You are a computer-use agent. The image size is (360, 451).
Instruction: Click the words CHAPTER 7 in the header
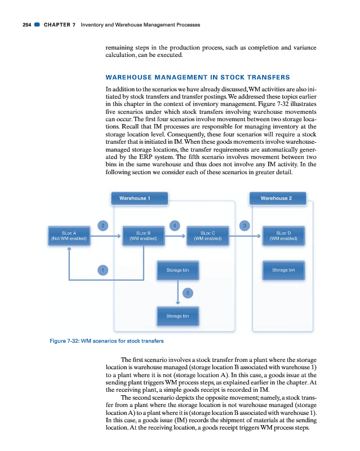coord(59,25)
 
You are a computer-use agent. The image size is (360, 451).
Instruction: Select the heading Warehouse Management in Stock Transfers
coord(198,77)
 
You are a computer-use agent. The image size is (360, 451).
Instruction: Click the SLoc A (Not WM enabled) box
coord(69,235)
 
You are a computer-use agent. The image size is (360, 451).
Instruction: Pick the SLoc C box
coord(207,235)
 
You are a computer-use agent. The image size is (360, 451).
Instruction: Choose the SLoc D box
coord(284,235)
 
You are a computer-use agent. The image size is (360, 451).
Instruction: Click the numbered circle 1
coord(102,270)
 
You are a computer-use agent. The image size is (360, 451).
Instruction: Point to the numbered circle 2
coord(102,226)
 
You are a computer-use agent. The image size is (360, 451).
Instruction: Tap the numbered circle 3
coord(243,226)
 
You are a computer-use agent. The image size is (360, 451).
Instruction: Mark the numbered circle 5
coord(188,292)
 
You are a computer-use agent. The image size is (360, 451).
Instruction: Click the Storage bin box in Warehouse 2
coord(284,270)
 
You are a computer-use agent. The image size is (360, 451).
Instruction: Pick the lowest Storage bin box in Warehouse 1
coord(178,316)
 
